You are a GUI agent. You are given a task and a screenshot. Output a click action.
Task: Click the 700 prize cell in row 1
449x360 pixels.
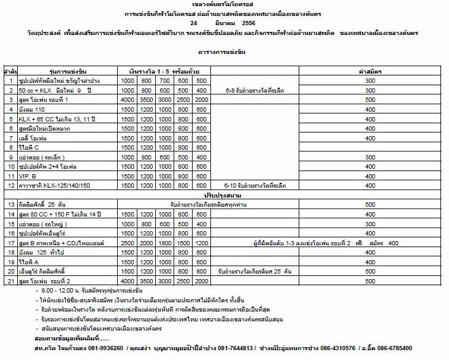pyautogui.click(x=164, y=81)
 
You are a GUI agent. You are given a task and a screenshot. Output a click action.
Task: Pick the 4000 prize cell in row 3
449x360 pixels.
pyautogui.click(x=128, y=99)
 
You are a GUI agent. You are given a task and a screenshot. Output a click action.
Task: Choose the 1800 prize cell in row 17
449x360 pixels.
pyautogui.click(x=164, y=242)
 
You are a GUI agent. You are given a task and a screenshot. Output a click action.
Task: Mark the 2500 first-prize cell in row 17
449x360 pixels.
pyautogui.click(x=128, y=242)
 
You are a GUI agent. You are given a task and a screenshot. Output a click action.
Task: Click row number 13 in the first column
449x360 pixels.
pyautogui.click(x=11, y=204)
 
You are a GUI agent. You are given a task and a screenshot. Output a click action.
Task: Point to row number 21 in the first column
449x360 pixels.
pyautogui.click(x=11, y=280)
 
